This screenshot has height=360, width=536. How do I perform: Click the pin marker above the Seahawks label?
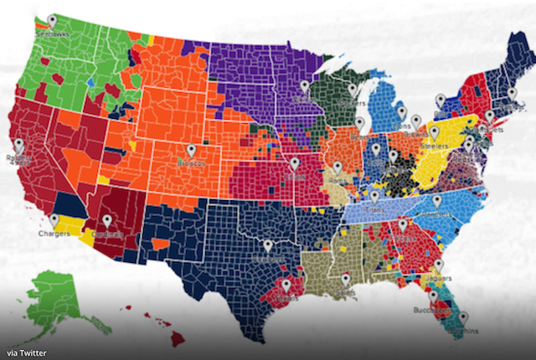click(52, 20)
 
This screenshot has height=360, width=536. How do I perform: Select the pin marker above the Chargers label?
click(54, 220)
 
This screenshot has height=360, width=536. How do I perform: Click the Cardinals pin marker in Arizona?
click(106, 220)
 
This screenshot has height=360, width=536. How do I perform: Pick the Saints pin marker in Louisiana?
click(345, 279)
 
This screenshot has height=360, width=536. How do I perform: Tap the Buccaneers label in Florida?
click(427, 310)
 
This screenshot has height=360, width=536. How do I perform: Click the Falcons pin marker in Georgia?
click(403, 224)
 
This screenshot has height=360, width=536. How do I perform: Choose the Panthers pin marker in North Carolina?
click(436, 201)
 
